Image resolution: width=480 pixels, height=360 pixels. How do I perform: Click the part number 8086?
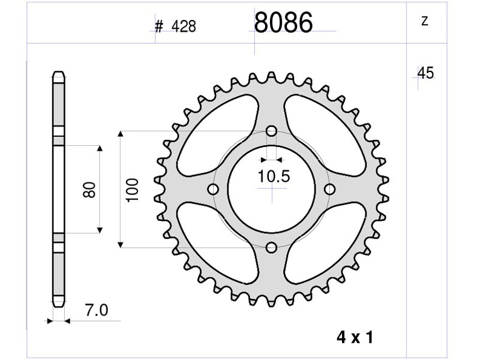point(283,22)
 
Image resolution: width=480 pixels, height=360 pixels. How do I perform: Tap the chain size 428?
point(184,26)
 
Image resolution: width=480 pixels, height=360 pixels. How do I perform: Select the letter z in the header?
point(425,21)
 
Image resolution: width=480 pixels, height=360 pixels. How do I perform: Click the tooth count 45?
point(426,73)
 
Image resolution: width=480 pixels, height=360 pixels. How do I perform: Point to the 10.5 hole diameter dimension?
point(274,176)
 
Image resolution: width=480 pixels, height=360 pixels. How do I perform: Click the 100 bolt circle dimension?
point(133,190)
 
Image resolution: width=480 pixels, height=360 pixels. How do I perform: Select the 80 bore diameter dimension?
point(89,190)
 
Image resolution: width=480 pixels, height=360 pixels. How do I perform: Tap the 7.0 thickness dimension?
point(97,310)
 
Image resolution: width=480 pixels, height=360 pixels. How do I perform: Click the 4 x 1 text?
point(355,337)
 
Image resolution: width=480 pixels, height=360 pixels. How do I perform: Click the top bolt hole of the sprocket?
point(271,131)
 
